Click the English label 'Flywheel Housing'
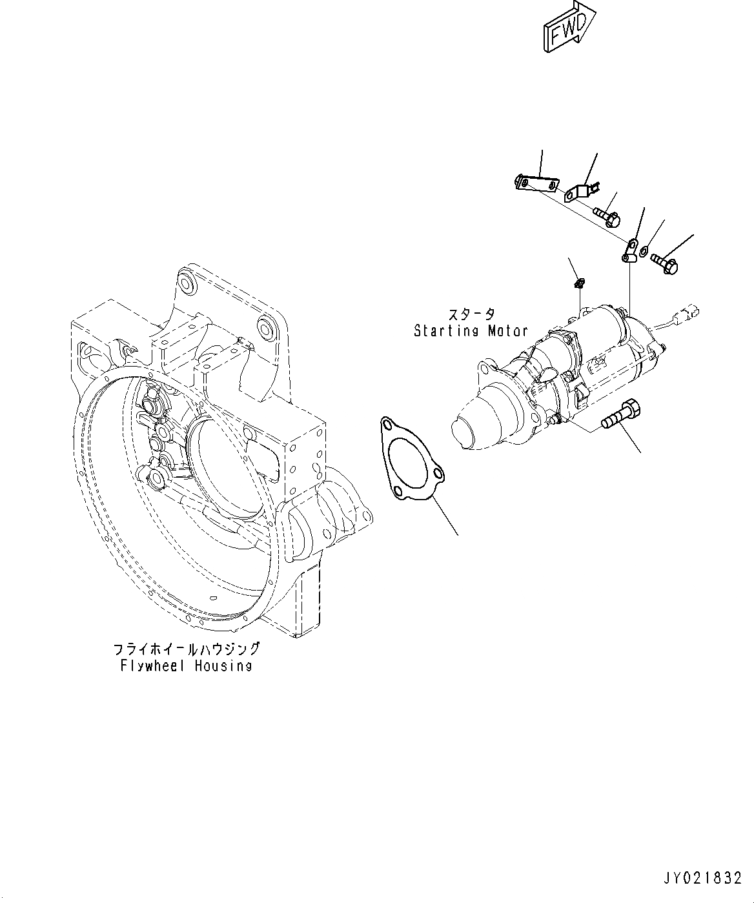pyautogui.click(x=186, y=665)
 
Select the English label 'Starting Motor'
pyautogui.click(x=471, y=331)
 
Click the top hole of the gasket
pyautogui.click(x=387, y=424)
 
